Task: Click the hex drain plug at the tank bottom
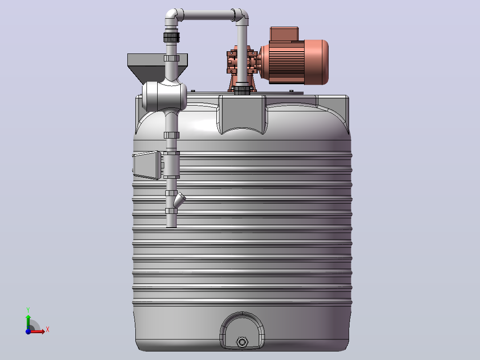click(x=242, y=342)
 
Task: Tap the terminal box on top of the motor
click(x=284, y=34)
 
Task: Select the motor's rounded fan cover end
click(x=317, y=62)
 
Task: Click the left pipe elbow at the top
click(x=173, y=17)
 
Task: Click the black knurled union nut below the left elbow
click(x=171, y=37)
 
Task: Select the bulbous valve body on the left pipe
click(x=164, y=96)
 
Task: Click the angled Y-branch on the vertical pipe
click(x=179, y=200)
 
